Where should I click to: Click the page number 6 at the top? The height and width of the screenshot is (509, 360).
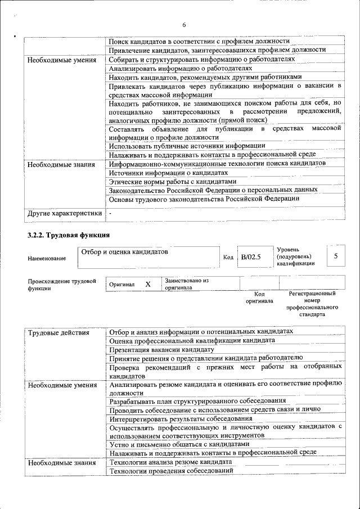tap(184, 24)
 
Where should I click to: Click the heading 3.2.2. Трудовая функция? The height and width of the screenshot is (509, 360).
tap(69, 235)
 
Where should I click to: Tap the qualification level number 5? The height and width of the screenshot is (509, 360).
tap(336, 256)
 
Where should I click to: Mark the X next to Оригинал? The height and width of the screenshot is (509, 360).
tap(148, 285)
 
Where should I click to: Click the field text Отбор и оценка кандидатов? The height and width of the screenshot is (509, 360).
tap(125, 252)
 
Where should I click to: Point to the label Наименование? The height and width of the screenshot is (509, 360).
tap(47, 258)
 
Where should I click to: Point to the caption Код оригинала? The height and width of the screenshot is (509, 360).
tap(259, 297)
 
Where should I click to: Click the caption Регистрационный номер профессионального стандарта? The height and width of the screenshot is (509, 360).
tap(312, 304)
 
